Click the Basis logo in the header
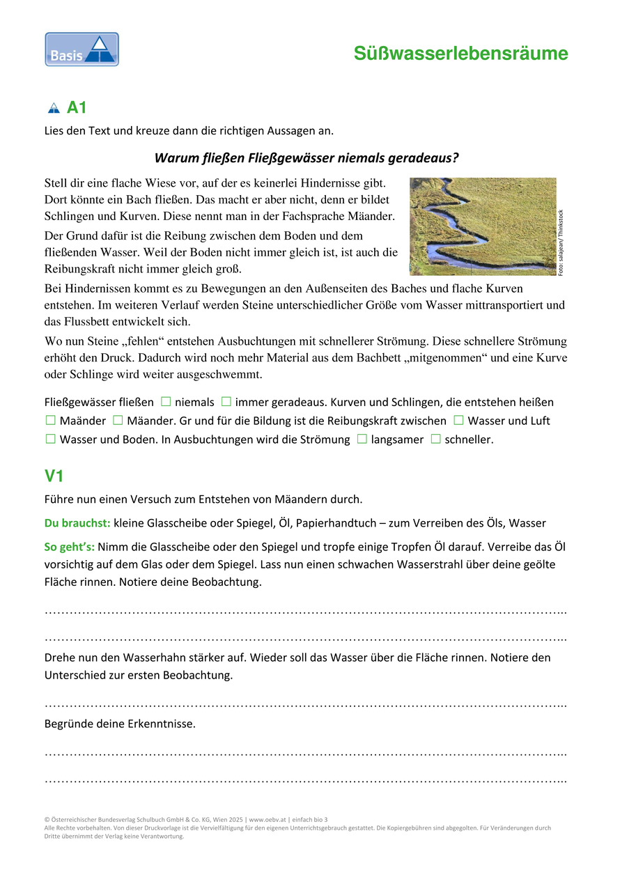pos(82,49)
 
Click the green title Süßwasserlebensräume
pos(460,54)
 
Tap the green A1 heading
pos(77,108)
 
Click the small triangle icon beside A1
pos(54,108)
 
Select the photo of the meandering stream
pos(482,226)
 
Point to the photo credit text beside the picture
pos(561,243)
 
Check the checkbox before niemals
pos(166,402)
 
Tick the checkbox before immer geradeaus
pos(226,402)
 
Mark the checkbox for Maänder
pos(50,421)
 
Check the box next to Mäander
pos(118,421)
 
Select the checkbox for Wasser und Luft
pos(458,421)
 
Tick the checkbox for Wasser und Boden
pos(50,440)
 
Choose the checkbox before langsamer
pos(362,440)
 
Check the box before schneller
pos(435,440)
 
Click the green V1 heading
pos(54,476)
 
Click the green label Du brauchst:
pos(77,523)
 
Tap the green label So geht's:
pos(70,546)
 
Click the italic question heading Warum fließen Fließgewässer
pos(307,158)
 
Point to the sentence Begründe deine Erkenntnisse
pos(120,724)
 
